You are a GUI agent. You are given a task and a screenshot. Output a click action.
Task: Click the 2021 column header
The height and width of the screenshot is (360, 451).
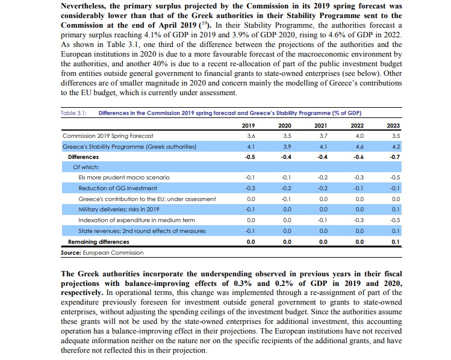pyautogui.click(x=323, y=125)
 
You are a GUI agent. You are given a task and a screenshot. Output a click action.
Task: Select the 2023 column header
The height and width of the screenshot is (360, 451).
pyautogui.click(x=395, y=125)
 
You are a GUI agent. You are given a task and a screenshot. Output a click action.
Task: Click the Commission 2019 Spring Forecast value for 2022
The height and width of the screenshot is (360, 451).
pyautogui.click(x=359, y=136)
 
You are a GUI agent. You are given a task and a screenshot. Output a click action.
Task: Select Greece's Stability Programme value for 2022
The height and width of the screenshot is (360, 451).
pyautogui.click(x=359, y=146)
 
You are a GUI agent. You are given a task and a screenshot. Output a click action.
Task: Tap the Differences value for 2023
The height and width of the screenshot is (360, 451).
pyautogui.click(x=395, y=157)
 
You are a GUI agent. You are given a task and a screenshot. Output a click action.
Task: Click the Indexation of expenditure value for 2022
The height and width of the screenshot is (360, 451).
pyautogui.click(x=359, y=220)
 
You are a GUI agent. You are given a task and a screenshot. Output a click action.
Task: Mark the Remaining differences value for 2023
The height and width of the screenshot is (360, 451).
pyautogui.click(x=395, y=241)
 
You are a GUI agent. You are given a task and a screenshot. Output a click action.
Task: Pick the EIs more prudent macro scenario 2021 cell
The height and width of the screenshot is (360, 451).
pyautogui.click(x=323, y=178)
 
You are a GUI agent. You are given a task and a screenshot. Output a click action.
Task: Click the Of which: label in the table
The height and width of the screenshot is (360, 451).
pyautogui.click(x=86, y=167)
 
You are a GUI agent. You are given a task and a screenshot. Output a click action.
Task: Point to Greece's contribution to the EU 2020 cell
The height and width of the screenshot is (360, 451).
pyautogui.click(x=287, y=199)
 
